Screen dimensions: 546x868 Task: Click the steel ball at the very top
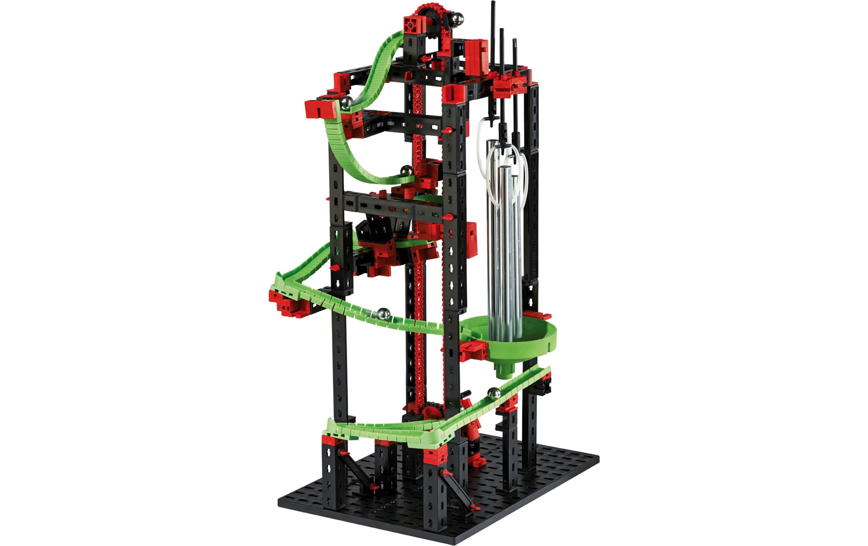click(457, 19)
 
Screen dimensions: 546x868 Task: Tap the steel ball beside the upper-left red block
click(347, 103)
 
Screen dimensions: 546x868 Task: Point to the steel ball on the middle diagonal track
click(384, 314)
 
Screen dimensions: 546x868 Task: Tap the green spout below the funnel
click(504, 370)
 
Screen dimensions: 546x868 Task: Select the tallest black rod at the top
click(493, 36)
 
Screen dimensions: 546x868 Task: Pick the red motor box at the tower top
click(476, 58)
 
